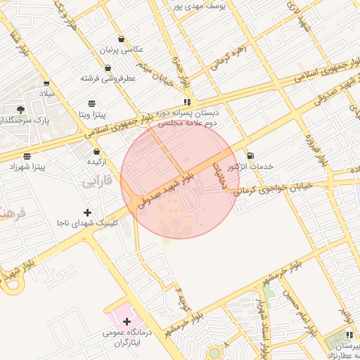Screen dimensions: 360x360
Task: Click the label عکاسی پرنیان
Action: click(x=124, y=50)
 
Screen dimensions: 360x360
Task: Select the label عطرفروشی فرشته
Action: click(x=108, y=79)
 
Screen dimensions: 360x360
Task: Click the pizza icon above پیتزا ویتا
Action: click(x=92, y=103)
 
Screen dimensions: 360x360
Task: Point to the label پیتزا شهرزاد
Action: click(x=26, y=167)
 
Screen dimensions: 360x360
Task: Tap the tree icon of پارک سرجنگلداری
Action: click(x=20, y=109)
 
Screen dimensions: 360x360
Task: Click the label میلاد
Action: click(x=46, y=93)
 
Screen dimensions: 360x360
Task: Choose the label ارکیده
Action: click(x=96, y=162)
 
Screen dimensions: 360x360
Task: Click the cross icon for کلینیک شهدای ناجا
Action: click(x=87, y=212)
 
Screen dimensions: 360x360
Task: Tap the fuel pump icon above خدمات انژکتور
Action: click(x=250, y=155)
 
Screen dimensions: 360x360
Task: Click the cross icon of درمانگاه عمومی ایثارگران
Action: click(x=126, y=321)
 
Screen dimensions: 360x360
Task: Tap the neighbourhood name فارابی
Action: click(x=97, y=184)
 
